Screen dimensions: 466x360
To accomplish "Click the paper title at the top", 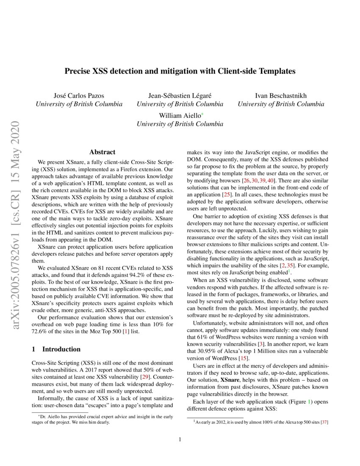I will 180,71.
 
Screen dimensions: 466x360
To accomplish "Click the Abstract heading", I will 102,152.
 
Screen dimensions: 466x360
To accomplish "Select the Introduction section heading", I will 56,349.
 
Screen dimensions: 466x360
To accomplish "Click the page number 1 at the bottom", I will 180,439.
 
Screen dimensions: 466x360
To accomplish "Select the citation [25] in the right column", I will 227,194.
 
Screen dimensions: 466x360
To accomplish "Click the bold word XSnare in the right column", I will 231,380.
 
